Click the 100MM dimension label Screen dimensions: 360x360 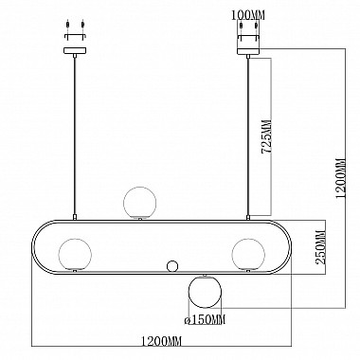click(248, 15)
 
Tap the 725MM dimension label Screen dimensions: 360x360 click(267, 136)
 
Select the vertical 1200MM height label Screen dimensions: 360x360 click(341, 178)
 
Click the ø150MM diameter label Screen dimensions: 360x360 click(205, 320)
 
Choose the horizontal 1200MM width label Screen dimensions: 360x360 click(161, 341)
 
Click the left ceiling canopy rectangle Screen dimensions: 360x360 click(75, 50)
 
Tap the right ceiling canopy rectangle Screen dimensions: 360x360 click(248, 50)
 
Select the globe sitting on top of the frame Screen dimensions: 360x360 click(139, 203)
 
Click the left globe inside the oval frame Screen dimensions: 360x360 click(75, 254)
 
